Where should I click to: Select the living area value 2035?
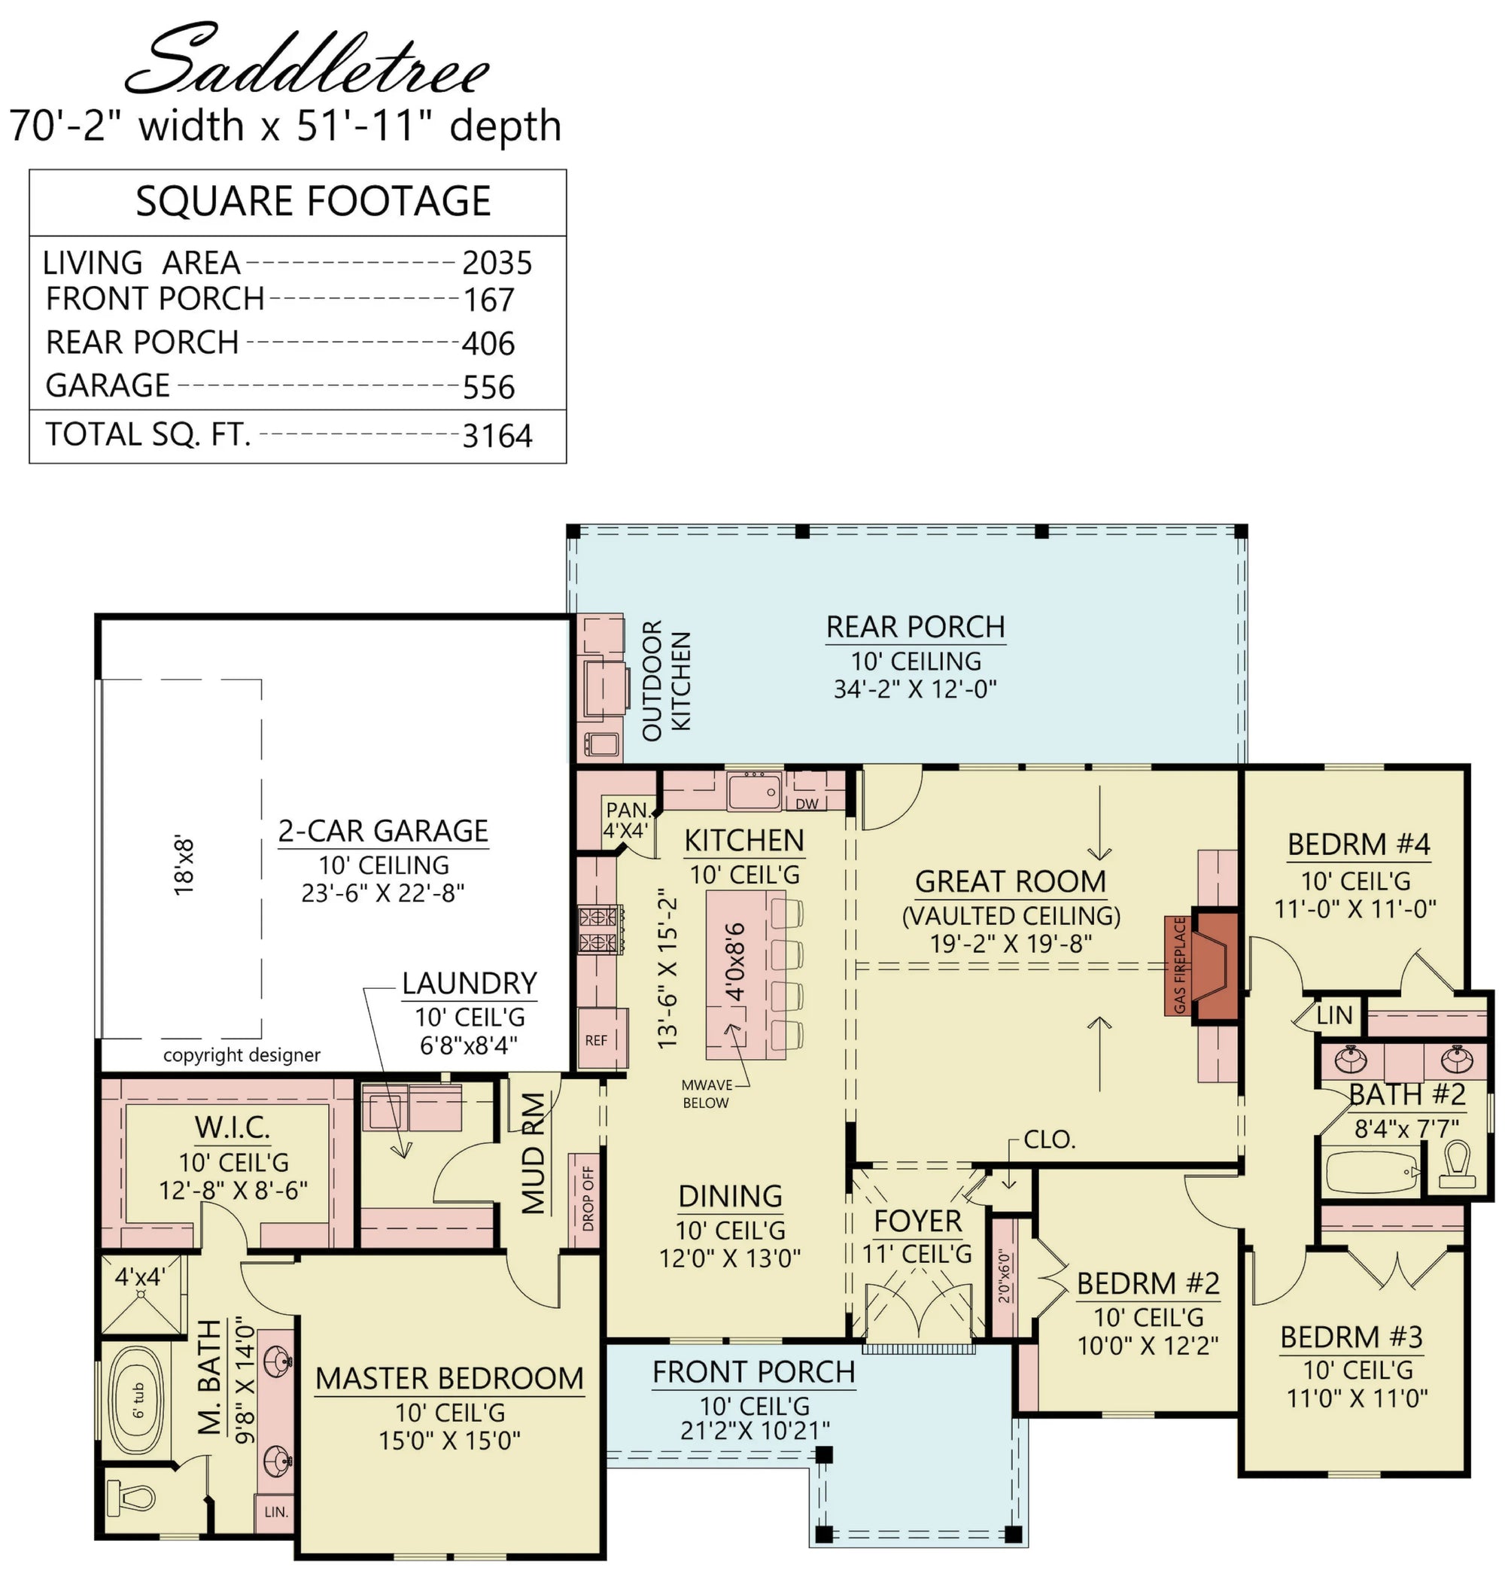coord(497,263)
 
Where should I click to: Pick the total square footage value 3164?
coord(497,437)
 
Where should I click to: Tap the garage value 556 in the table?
coord(488,388)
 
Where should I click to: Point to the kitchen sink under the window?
coord(754,791)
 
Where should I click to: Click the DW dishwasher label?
coord(807,804)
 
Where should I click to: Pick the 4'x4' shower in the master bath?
coord(141,1297)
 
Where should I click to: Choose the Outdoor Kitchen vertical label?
coord(666,680)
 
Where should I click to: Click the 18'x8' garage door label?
coord(184,866)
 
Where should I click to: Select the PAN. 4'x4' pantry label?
coord(627,820)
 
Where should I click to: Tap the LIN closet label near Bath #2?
coord(1334,1015)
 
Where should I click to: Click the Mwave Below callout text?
coord(706,1094)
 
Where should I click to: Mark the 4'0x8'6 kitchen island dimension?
coord(735,962)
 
